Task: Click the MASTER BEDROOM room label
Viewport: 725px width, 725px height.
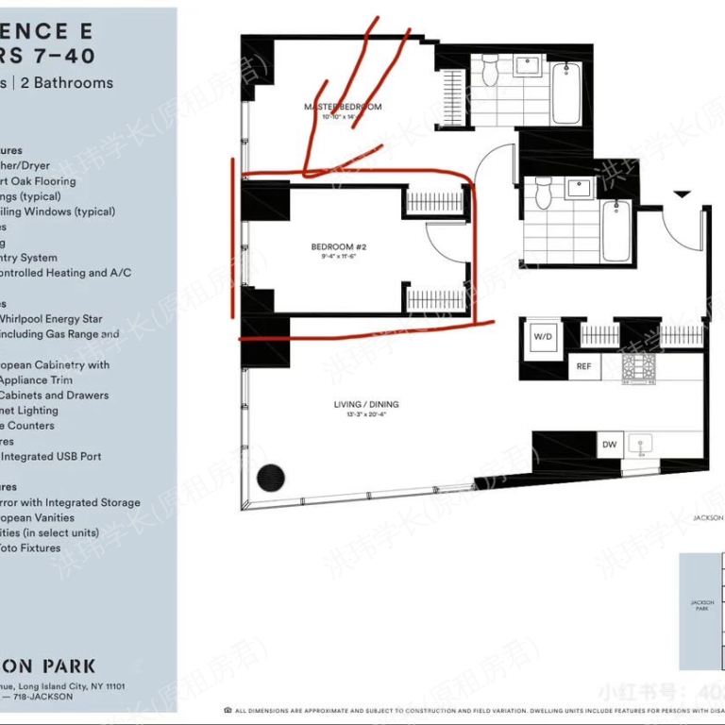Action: [343, 107]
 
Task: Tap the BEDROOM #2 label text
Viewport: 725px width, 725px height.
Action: [338, 247]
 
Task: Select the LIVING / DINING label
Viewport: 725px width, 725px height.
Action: [366, 404]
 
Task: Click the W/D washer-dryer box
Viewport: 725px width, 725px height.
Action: [543, 335]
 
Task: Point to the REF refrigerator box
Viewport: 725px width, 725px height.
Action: [583, 366]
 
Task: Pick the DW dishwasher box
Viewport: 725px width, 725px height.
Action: [609, 444]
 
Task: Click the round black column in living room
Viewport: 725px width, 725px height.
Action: [273, 477]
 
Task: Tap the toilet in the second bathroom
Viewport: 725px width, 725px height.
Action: [543, 194]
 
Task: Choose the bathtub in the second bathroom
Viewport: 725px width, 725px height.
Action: [615, 232]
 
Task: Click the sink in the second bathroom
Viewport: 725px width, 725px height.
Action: [577, 188]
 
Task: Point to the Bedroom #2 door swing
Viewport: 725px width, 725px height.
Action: [442, 244]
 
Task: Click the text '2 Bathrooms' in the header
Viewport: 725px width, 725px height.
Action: [65, 82]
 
